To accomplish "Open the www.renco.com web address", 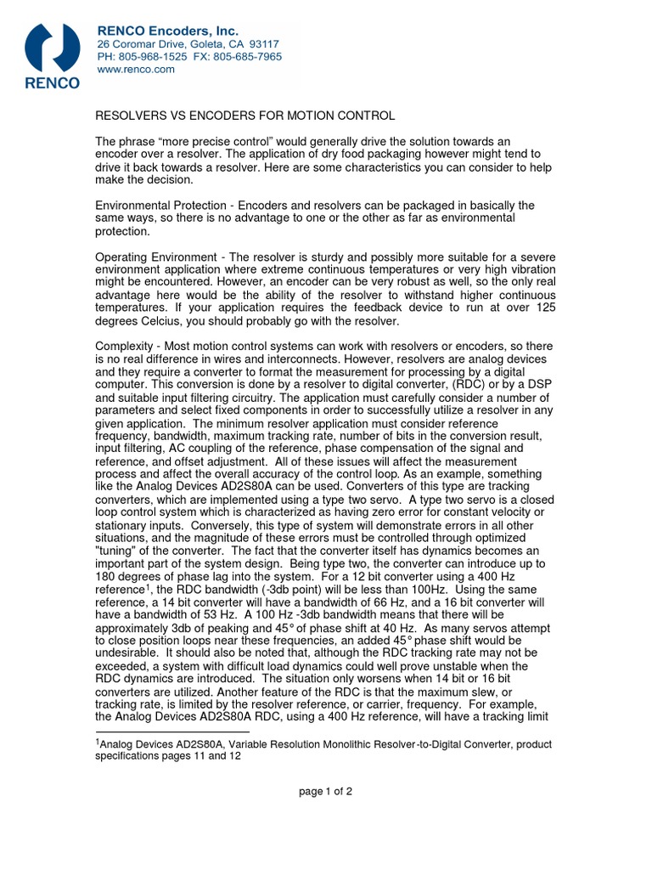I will point(136,70).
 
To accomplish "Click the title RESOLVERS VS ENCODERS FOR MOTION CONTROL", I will point(245,116).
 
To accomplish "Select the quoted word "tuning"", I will point(118,550).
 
